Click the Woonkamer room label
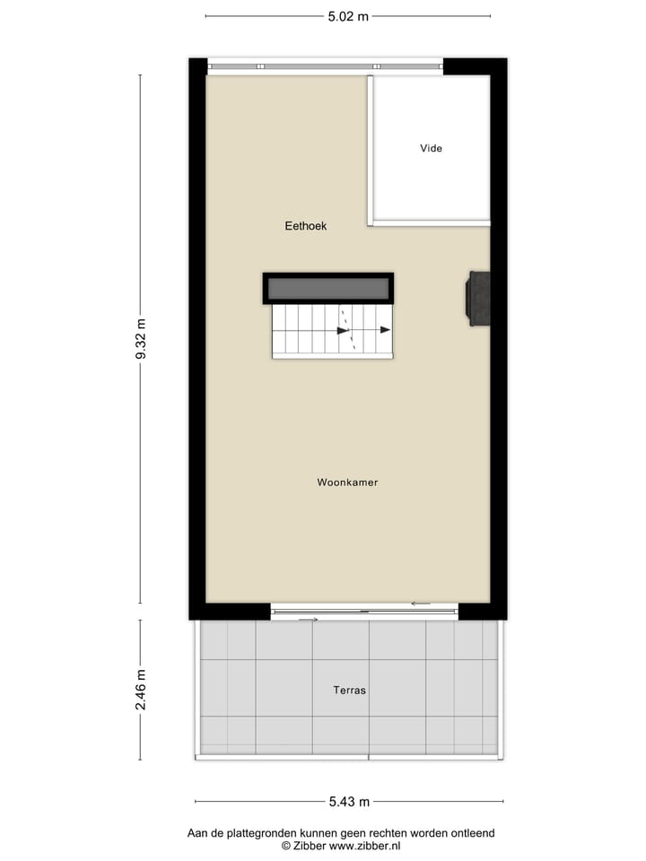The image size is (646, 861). [347, 483]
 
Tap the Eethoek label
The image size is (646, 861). [306, 226]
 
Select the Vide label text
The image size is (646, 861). [431, 148]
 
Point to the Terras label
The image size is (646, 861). [349, 691]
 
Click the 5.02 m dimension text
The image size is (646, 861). [347, 15]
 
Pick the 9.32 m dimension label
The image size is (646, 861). [140, 339]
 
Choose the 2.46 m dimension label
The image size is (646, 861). [140, 690]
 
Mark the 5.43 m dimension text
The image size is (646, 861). [347, 802]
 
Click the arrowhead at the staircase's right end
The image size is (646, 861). [386, 330]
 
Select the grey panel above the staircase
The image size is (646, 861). [327, 289]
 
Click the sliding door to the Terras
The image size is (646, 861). [363, 613]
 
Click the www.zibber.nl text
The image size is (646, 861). [364, 845]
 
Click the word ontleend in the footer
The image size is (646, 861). [474, 833]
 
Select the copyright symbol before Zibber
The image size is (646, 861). [286, 845]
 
